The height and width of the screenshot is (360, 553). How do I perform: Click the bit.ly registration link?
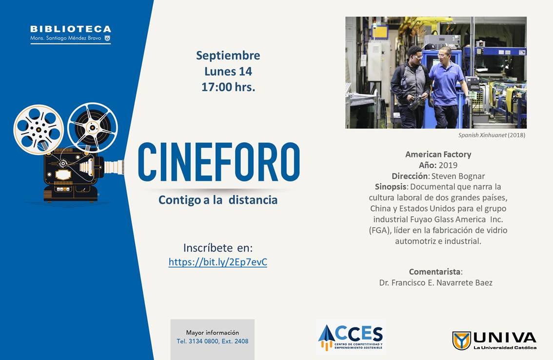pos(217,262)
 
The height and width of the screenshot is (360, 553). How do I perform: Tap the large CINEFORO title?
pos(218,162)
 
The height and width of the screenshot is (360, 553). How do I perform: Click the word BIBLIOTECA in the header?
pos(71,29)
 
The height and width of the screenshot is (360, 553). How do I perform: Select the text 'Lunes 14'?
pos(228,71)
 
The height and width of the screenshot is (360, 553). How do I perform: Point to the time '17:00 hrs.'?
pos(228,87)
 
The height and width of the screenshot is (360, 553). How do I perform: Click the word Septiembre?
pos(228,56)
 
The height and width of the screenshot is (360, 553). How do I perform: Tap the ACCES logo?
pos(351,338)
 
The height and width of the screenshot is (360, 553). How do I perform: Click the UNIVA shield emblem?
pos(461,340)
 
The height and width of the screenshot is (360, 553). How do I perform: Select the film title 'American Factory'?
pos(438,154)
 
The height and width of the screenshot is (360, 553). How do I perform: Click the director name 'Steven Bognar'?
pos(458,176)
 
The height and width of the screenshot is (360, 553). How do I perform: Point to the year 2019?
pos(448,165)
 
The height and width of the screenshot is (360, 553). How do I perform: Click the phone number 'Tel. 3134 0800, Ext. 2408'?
pos(212,341)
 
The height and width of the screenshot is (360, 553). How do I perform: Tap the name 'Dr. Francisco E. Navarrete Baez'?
pos(436,283)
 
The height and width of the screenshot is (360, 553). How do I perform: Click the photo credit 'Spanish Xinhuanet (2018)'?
pos(492,135)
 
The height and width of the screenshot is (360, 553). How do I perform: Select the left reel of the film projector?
pos(39,130)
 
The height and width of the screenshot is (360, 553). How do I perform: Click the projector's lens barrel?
pos(114,167)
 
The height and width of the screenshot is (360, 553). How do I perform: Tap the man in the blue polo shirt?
pos(447,87)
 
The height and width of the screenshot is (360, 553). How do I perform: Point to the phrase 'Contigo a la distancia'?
pos(218,200)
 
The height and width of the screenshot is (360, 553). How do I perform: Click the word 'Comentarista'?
pos(434,272)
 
